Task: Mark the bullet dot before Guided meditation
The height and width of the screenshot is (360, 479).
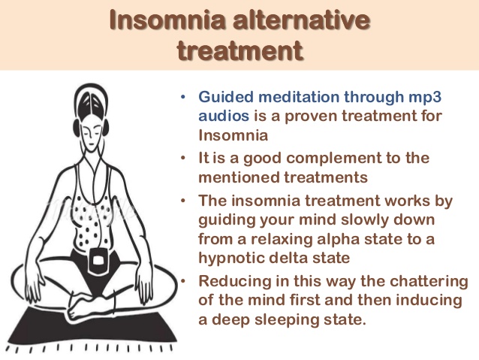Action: (183, 98)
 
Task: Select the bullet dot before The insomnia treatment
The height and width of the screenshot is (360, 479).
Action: (183, 201)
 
